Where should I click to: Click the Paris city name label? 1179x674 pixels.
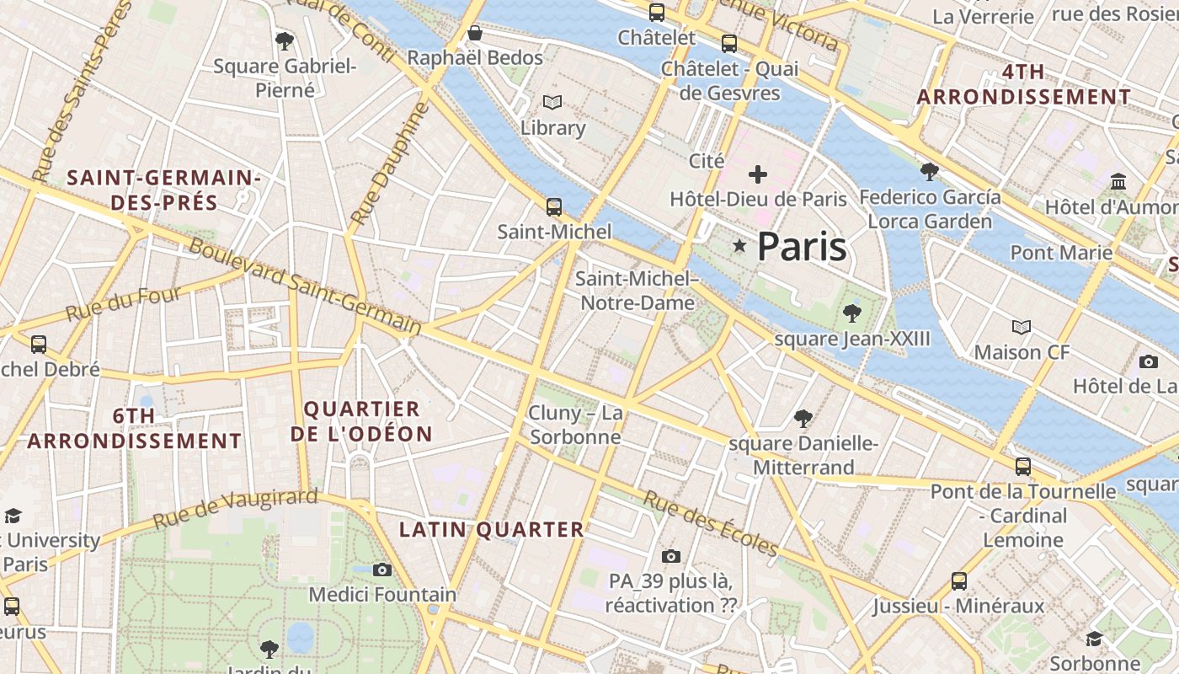(x=801, y=246)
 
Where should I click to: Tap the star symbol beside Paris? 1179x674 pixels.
(x=739, y=246)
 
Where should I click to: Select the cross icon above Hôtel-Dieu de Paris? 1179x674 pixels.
(x=758, y=174)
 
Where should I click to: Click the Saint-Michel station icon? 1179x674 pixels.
(x=553, y=206)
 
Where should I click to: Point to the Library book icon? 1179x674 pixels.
(x=552, y=103)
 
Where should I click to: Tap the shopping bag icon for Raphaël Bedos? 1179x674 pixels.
(x=475, y=33)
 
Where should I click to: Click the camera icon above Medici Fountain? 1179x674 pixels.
(x=382, y=570)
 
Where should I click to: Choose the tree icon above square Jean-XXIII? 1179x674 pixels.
(x=851, y=313)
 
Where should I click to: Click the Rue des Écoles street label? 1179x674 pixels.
(x=711, y=523)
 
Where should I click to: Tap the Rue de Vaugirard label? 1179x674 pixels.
(x=236, y=508)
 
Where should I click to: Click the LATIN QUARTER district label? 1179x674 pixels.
(x=491, y=530)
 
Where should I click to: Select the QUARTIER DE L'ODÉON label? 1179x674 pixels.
(x=361, y=422)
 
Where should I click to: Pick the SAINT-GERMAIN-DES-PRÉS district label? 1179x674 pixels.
(x=163, y=190)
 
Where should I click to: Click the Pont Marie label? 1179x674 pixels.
(x=1061, y=252)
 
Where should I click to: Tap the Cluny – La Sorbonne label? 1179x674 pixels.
(x=576, y=425)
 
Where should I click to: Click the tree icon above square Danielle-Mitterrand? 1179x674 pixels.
(x=803, y=418)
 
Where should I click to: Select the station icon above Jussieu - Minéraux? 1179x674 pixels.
(x=958, y=580)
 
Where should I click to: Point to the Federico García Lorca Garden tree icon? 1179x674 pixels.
(x=930, y=172)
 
